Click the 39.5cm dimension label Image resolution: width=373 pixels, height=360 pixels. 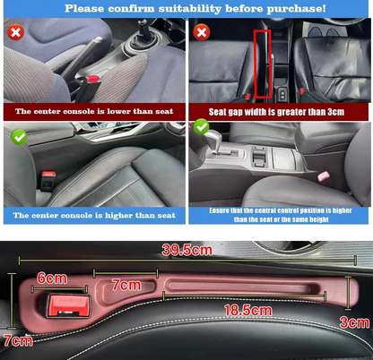(x=187, y=250)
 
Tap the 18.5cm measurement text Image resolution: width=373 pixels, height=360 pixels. (x=248, y=311)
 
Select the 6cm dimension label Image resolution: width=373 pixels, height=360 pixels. (x=52, y=279)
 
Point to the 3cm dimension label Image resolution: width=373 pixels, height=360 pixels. (x=355, y=322)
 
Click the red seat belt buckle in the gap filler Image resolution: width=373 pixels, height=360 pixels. (x=69, y=305)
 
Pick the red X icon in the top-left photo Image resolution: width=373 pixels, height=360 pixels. (x=15, y=32)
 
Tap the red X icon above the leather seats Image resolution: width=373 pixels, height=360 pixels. (x=202, y=32)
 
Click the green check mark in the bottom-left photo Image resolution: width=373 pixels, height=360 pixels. (x=19, y=137)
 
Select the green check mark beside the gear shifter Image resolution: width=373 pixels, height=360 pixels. (x=202, y=127)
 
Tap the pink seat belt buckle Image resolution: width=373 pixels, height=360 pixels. (x=324, y=176)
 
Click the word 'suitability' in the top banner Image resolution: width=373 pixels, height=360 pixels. (x=190, y=9)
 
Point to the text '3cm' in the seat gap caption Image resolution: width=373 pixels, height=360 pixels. (x=335, y=112)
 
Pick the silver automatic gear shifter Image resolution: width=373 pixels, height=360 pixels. (x=215, y=140)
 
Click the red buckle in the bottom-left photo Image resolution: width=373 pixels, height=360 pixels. (x=48, y=174)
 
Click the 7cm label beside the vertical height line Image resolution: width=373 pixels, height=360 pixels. (x=18, y=340)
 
